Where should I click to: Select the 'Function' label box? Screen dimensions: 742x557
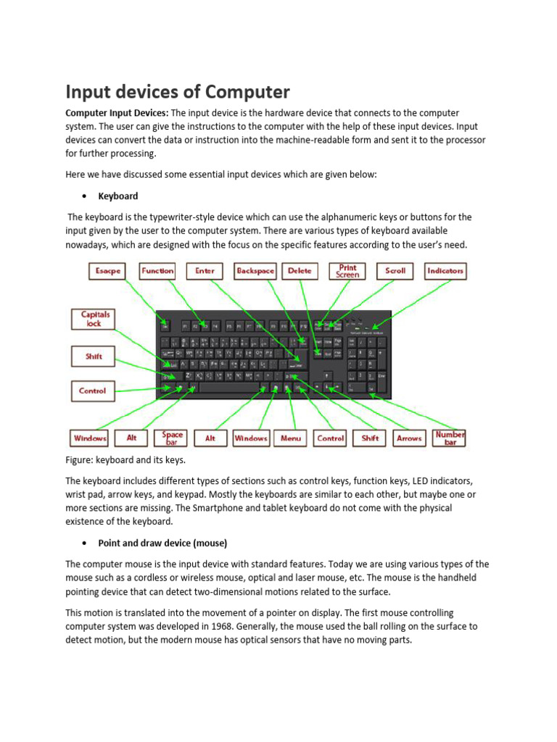pyautogui.click(x=157, y=271)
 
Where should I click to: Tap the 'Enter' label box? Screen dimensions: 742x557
pyautogui.click(x=205, y=271)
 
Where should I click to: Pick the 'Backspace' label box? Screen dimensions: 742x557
pyautogui.click(x=255, y=271)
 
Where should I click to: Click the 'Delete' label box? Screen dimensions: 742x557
pyautogui.click(x=300, y=271)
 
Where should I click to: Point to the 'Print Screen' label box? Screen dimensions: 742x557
pyautogui.click(x=347, y=271)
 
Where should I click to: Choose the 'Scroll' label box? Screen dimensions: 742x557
pyautogui.click(x=395, y=271)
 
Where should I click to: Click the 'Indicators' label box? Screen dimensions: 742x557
pyautogui.click(x=445, y=271)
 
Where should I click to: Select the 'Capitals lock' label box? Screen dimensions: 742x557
pyautogui.click(x=95, y=319)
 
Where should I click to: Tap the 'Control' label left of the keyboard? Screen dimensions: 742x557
pyautogui.click(x=92, y=391)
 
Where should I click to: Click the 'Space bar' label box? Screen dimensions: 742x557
pyautogui.click(x=173, y=438)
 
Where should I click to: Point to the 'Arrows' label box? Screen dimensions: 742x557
pyautogui.click(x=409, y=438)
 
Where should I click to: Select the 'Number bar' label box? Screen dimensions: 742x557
pyautogui.click(x=450, y=438)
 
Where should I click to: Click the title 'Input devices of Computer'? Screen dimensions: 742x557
pyautogui.click(x=178, y=92)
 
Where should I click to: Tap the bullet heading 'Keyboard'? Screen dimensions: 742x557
pyautogui.click(x=117, y=196)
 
